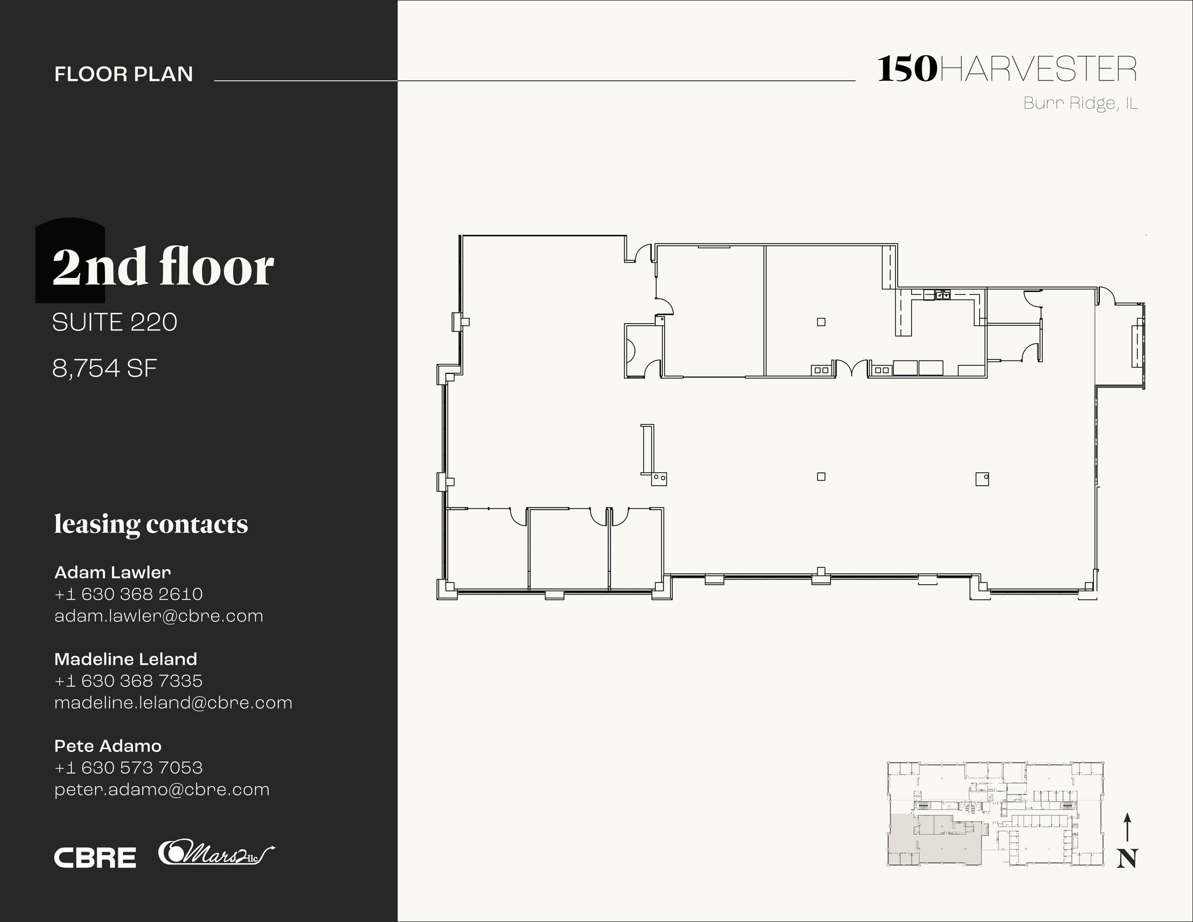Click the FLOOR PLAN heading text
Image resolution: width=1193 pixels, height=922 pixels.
click(123, 74)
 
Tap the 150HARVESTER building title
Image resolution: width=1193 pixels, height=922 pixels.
click(1007, 69)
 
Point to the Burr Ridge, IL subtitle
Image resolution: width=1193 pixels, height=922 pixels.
click(1080, 103)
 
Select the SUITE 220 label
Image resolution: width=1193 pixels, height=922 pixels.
click(115, 322)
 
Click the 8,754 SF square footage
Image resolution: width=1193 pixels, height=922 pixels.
click(105, 368)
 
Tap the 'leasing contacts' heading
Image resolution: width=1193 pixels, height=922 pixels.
click(151, 524)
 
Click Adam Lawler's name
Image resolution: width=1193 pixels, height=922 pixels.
click(112, 572)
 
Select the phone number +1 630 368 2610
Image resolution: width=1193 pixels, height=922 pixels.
click(128, 594)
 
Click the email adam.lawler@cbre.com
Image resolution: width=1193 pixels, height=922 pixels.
click(158, 616)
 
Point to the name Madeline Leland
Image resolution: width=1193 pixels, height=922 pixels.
click(125, 659)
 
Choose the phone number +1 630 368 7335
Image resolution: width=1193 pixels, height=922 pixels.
click(128, 681)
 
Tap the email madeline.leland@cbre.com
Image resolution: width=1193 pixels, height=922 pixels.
click(173, 702)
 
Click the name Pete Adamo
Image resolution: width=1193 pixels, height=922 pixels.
click(108, 746)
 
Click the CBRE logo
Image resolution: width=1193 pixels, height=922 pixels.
click(95, 857)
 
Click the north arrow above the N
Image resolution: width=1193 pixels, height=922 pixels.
click(1127, 827)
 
